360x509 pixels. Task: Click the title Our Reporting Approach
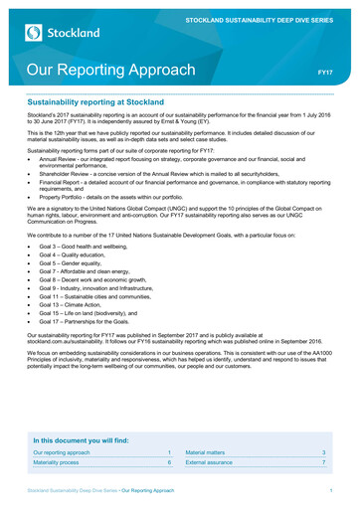click(110, 71)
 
